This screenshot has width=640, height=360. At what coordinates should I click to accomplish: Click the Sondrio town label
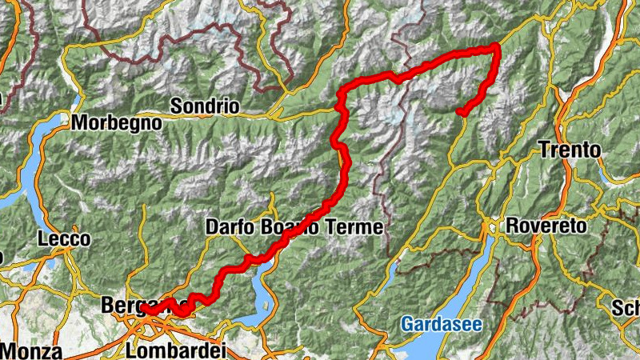[x=205, y=106]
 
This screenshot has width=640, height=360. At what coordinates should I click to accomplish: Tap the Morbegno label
[x=116, y=123]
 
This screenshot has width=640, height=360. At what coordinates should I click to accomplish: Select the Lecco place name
[x=64, y=238]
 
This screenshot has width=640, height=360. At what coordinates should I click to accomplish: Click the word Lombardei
[x=177, y=350]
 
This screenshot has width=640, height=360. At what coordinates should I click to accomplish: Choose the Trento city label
[x=570, y=149]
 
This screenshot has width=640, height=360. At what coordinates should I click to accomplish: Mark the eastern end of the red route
[x=461, y=113]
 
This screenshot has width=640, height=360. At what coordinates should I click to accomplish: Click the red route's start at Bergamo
[x=147, y=310]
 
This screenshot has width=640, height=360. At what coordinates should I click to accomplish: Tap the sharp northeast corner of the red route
[x=497, y=46]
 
